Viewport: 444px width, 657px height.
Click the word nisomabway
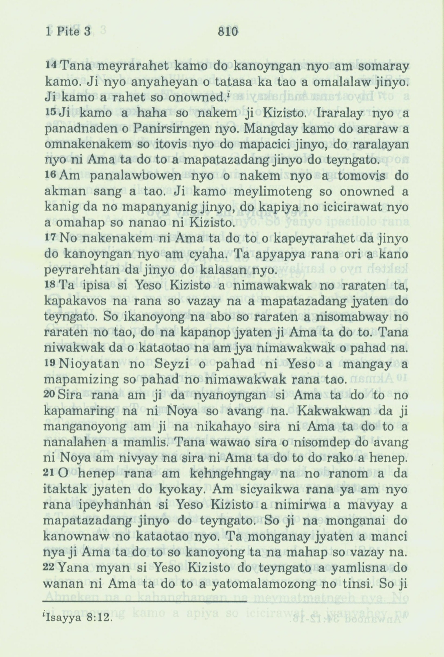click(346, 317)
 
